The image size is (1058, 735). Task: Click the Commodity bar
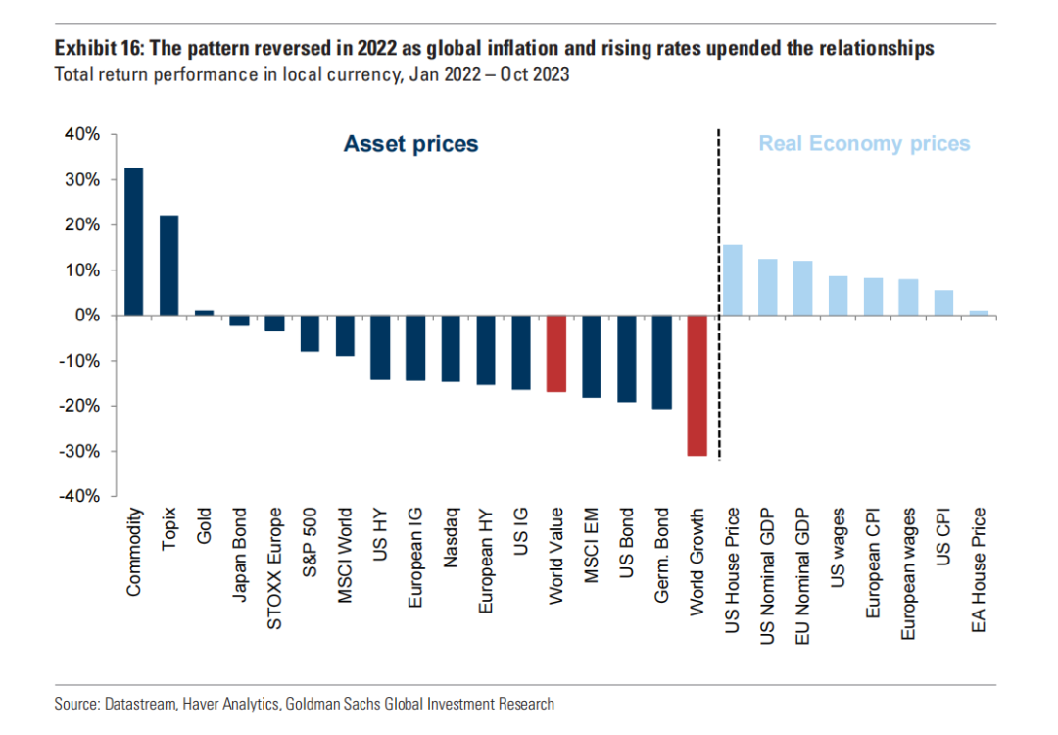click(134, 241)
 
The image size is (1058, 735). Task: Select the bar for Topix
click(169, 266)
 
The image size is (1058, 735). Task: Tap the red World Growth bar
click(697, 385)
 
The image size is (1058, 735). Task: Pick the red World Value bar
click(556, 354)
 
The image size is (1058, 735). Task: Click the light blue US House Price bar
click(732, 280)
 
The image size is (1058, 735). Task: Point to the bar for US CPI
click(943, 303)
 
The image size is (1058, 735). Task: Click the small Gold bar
click(204, 313)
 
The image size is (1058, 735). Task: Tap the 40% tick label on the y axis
click(81, 135)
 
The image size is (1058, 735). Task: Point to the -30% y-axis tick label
click(78, 452)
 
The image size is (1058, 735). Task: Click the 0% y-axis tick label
click(85, 316)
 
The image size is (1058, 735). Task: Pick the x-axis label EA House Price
click(979, 569)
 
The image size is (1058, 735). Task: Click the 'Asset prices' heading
click(410, 144)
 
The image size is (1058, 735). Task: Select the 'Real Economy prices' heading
click(864, 144)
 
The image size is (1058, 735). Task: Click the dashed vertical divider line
click(719, 294)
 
